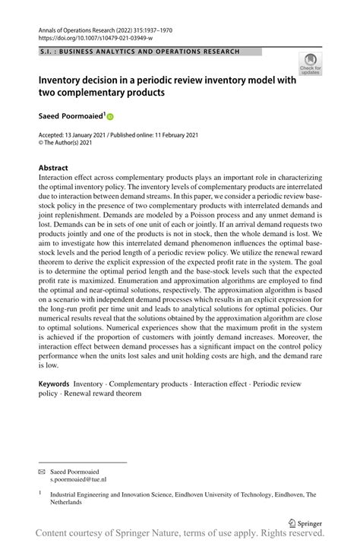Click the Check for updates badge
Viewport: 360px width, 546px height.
pyautogui.click(x=310, y=64)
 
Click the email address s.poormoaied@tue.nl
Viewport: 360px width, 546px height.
pyautogui.click(x=77, y=481)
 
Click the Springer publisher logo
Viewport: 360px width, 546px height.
pyautogui.click(x=308, y=523)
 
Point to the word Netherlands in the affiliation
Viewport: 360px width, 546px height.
pyautogui.click(x=71, y=503)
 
